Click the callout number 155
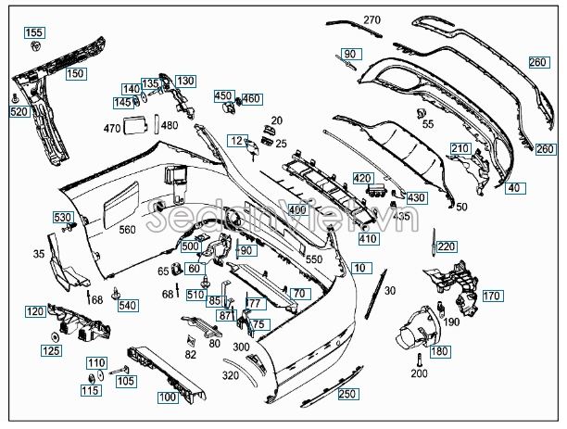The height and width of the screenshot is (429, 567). coord(33,33)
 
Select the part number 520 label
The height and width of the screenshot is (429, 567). coord(19,111)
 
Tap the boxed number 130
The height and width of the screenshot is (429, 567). coord(185,82)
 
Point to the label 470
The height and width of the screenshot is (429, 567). coord(112,128)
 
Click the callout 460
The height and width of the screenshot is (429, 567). coord(252,98)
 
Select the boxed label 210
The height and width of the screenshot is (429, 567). coord(460,148)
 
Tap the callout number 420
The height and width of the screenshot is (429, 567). coord(362,178)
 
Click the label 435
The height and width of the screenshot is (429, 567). coord(401,216)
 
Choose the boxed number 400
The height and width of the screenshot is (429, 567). coord(296,210)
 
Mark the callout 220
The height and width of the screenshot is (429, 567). coord(447,246)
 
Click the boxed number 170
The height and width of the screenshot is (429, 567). coord(491,297)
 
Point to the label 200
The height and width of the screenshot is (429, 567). coord(419,373)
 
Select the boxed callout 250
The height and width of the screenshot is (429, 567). coord(347,395)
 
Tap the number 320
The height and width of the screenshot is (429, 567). coord(231,376)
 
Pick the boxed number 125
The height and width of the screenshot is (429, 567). coord(51,350)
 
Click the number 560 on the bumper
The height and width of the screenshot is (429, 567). coord(126,230)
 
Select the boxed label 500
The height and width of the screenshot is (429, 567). coord(191,246)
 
